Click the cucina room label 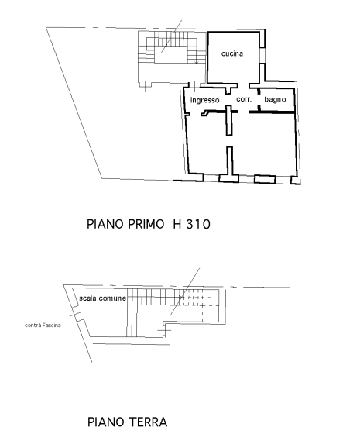[x=232, y=53]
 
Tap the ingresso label [x=205, y=101]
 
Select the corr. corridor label [x=244, y=99]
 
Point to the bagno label [x=275, y=99]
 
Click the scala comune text [x=102, y=298]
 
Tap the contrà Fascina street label [x=43, y=325]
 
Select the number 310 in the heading [x=198, y=224]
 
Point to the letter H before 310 [x=177, y=224]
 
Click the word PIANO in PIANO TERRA [x=106, y=422]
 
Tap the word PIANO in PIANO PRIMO [x=105, y=224]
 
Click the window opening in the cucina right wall [x=262, y=55]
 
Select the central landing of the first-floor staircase [x=170, y=54]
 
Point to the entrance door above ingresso [x=195, y=85]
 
